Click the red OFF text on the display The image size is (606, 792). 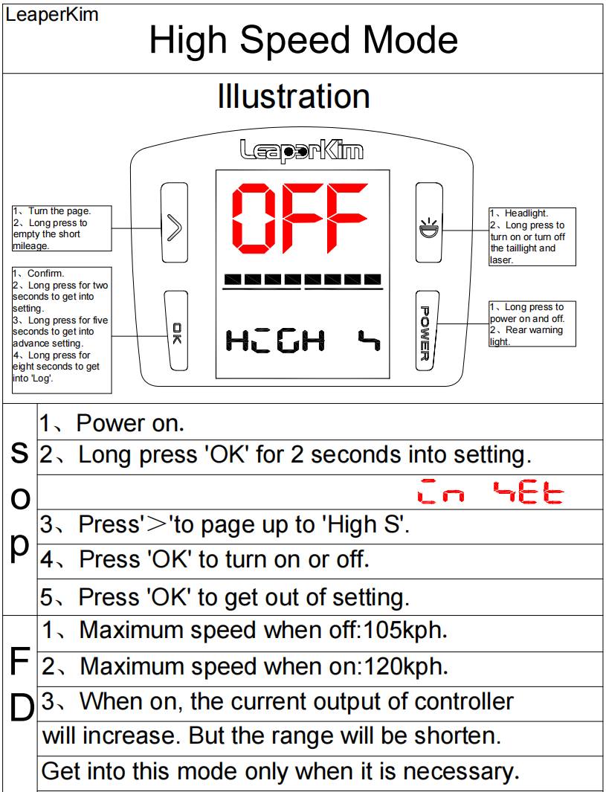(300, 218)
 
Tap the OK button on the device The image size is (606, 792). (176, 331)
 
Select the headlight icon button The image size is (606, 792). (429, 222)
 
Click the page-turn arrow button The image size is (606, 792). (174, 222)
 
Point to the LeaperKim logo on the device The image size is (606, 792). (301, 150)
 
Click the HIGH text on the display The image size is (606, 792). (275, 341)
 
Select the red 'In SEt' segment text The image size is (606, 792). (490, 492)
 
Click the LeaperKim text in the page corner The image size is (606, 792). (51, 14)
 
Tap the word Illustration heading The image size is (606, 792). (294, 96)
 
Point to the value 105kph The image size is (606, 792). (405, 630)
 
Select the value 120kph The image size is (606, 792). (406, 666)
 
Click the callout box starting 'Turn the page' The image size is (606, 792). (62, 228)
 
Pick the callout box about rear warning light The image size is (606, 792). (532, 323)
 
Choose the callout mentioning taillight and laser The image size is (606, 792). (532, 236)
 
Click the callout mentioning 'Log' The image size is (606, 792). (62, 330)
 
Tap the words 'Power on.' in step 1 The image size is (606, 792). (130, 423)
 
